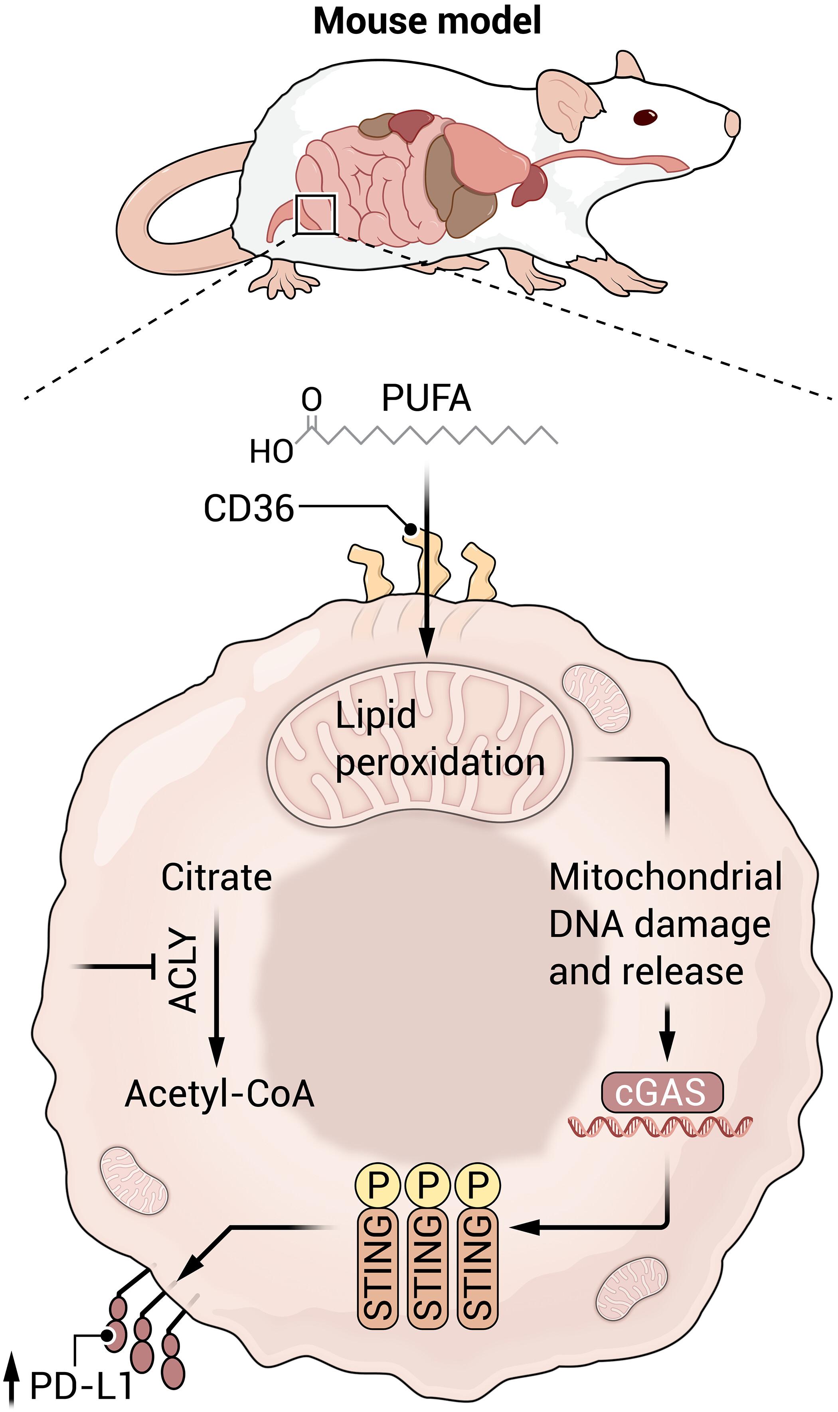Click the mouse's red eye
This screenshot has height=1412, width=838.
(x=645, y=117)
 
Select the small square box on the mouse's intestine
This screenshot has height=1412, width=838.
(x=316, y=214)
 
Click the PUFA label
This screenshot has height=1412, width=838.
(x=426, y=398)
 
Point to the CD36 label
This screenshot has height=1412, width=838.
(x=249, y=508)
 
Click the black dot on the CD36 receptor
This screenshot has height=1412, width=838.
(x=411, y=529)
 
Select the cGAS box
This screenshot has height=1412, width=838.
(x=662, y=1092)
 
